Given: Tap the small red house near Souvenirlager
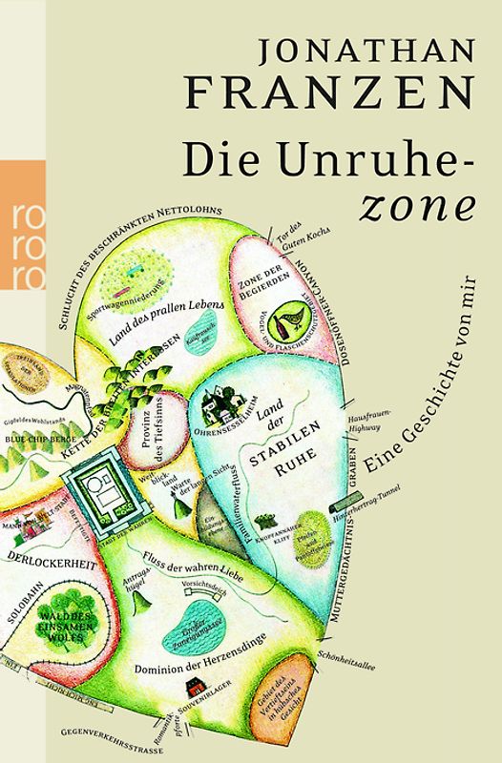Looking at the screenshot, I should [x=199, y=686].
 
